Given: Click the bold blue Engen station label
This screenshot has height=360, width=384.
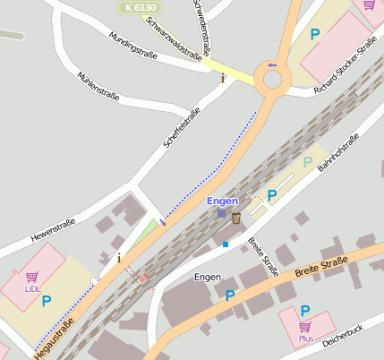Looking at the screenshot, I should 222,201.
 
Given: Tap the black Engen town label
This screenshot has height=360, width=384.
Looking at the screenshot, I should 207,278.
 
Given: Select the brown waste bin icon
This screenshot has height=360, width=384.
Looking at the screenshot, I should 235,218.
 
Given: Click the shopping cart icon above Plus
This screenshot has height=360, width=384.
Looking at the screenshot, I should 305,327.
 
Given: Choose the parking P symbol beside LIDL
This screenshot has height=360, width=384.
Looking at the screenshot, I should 46,301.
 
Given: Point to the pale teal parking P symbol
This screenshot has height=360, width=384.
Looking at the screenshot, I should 308,162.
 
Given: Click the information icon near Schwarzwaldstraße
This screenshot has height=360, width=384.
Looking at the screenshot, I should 223,78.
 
